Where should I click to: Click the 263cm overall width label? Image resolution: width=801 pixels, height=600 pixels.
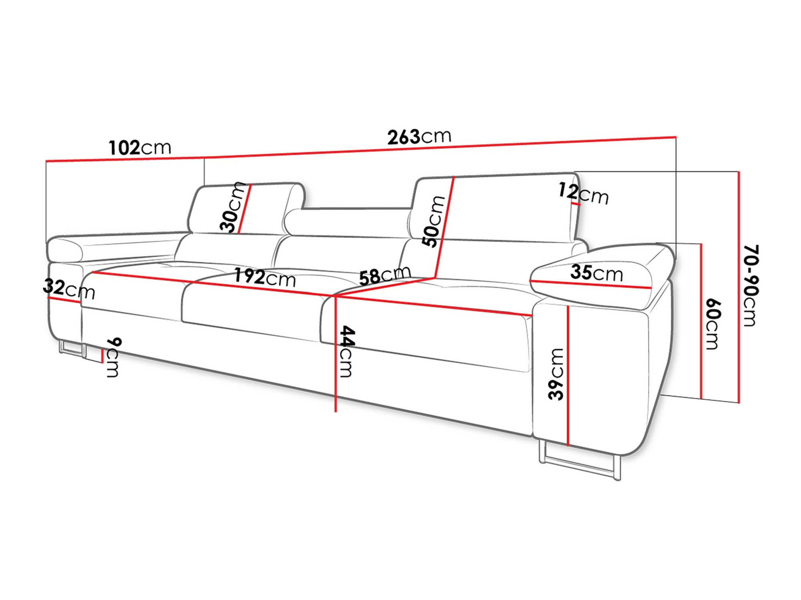coord(419,137)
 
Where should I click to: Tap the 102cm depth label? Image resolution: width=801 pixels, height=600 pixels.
coord(140,148)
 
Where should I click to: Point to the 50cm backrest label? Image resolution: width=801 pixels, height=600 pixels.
coord(434,221)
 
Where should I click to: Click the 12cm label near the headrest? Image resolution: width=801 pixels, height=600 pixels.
coord(583,194)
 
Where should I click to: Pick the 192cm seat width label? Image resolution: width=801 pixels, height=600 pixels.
coord(265,277)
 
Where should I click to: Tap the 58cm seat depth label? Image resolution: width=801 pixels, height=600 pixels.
coord(384,276)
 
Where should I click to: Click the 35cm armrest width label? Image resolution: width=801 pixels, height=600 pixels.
coord(596,273)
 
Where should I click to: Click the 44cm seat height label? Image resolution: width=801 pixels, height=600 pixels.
coord(346,351)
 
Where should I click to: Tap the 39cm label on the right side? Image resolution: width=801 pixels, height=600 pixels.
coord(556,374)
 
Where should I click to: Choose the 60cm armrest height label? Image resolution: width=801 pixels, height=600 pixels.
coord(713,324)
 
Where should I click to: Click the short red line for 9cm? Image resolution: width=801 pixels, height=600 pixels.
coord(103,355)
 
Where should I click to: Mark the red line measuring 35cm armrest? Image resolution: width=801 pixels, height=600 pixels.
coord(591,284)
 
